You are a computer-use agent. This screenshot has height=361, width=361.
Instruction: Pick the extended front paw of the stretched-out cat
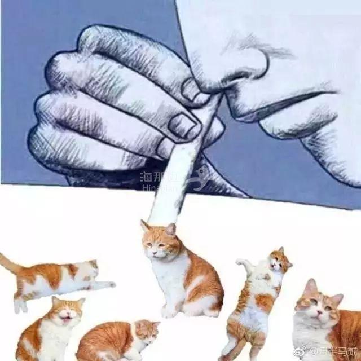point(107,285)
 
